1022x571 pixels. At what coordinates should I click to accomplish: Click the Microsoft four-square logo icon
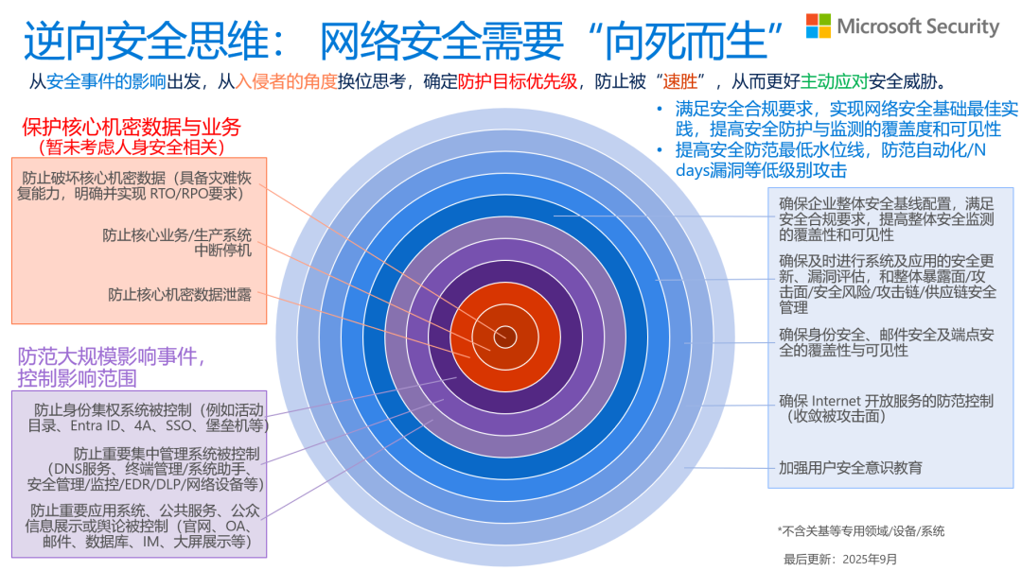[819, 26]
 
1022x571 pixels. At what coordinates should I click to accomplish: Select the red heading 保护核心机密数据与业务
[130, 127]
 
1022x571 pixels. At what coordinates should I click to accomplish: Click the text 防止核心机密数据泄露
[180, 295]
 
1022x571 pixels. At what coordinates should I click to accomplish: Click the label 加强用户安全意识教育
[850, 467]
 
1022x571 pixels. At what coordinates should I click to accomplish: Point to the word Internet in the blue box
[837, 401]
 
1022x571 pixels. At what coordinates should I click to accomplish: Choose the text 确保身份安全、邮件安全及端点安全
[886, 335]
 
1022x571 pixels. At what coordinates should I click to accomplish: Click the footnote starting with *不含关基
[860, 530]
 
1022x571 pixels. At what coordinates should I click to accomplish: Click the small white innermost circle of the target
[504, 335]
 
